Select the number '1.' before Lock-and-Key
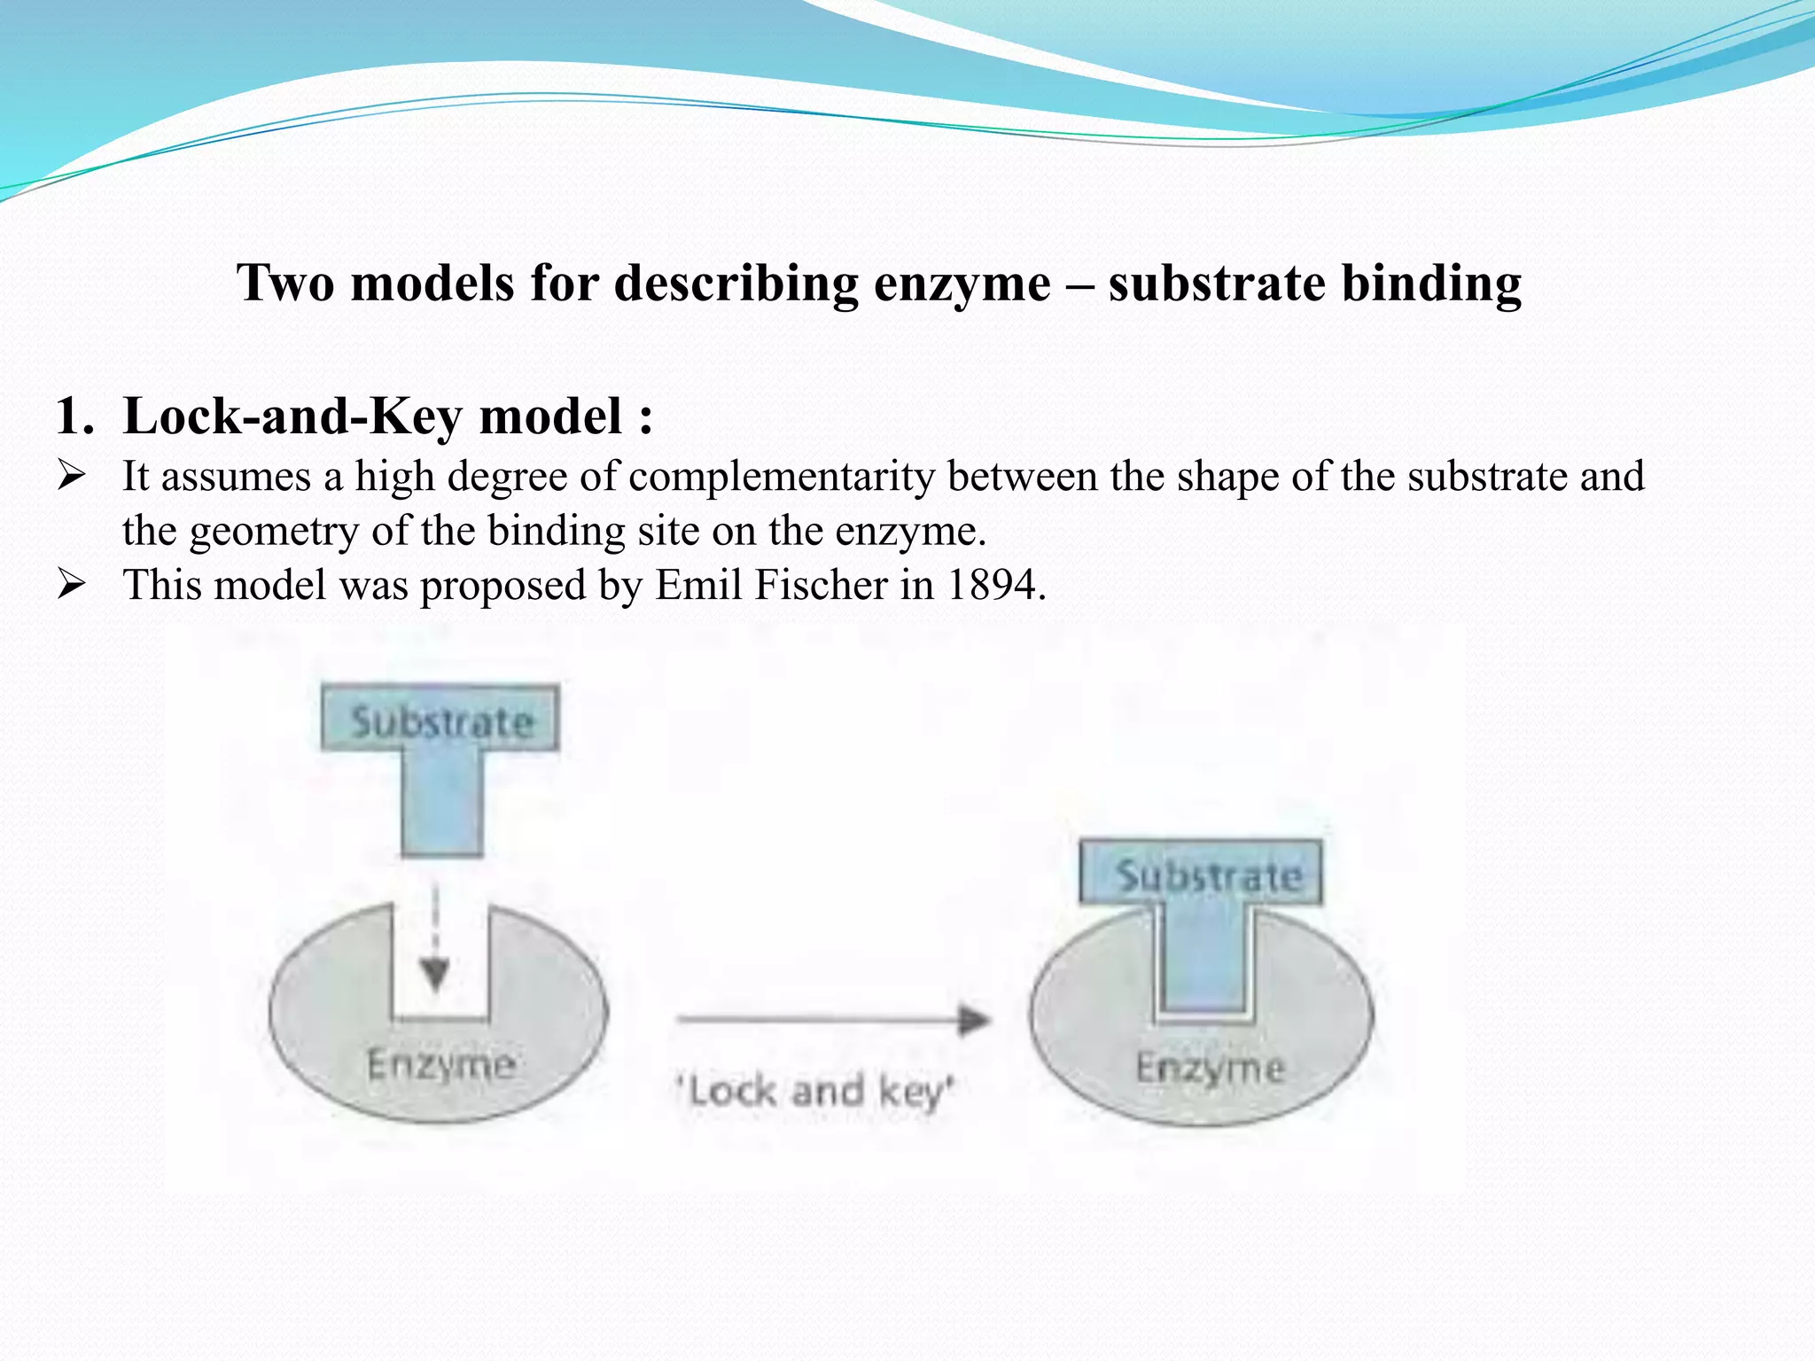[x=74, y=416]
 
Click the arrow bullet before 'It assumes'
[x=71, y=476]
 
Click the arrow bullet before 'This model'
[x=71, y=585]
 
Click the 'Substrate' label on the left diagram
[x=441, y=721]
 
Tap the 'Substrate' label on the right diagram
[x=1208, y=876]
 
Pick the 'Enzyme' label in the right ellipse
[x=1210, y=1068]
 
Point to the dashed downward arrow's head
[x=434, y=976]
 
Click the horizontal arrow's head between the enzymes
[x=974, y=1021]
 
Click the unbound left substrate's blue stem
[x=441, y=802]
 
